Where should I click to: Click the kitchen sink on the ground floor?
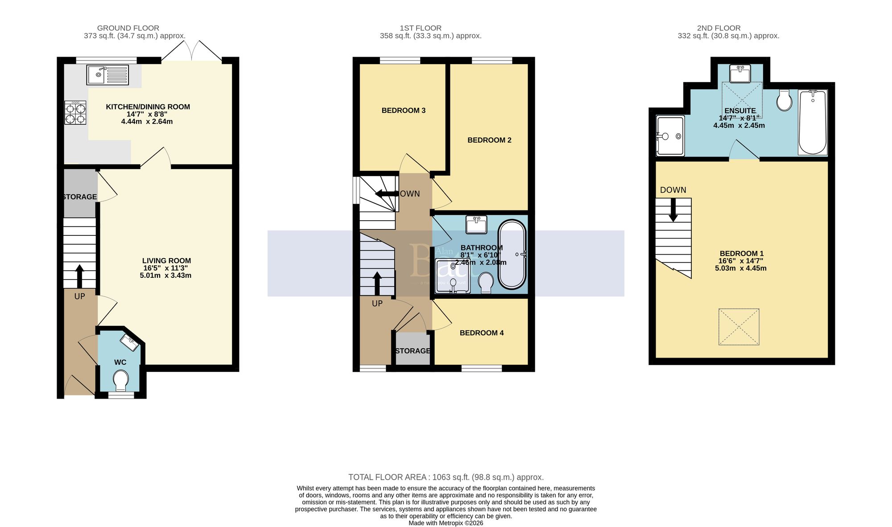click(x=107, y=75)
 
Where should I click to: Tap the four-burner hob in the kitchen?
click(x=75, y=113)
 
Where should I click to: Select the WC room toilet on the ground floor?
click(x=120, y=381)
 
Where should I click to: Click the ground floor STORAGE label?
click(x=80, y=197)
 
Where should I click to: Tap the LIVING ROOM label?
click(x=166, y=261)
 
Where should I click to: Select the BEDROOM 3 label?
click(x=403, y=111)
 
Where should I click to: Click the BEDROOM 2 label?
click(x=489, y=140)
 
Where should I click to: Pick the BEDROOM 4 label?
click(x=482, y=333)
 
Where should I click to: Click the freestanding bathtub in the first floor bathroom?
click(x=512, y=254)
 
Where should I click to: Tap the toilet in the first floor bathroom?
click(x=485, y=283)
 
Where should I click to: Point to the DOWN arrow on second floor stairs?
click(x=673, y=210)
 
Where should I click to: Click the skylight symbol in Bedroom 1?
click(x=739, y=327)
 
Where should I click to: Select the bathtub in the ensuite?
click(x=812, y=122)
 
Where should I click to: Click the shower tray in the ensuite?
click(x=670, y=136)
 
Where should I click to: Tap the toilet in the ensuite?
click(x=784, y=100)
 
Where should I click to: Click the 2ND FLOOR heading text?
click(x=719, y=28)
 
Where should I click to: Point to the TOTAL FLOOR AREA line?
click(x=446, y=477)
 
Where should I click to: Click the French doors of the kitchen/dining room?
click(x=192, y=51)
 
